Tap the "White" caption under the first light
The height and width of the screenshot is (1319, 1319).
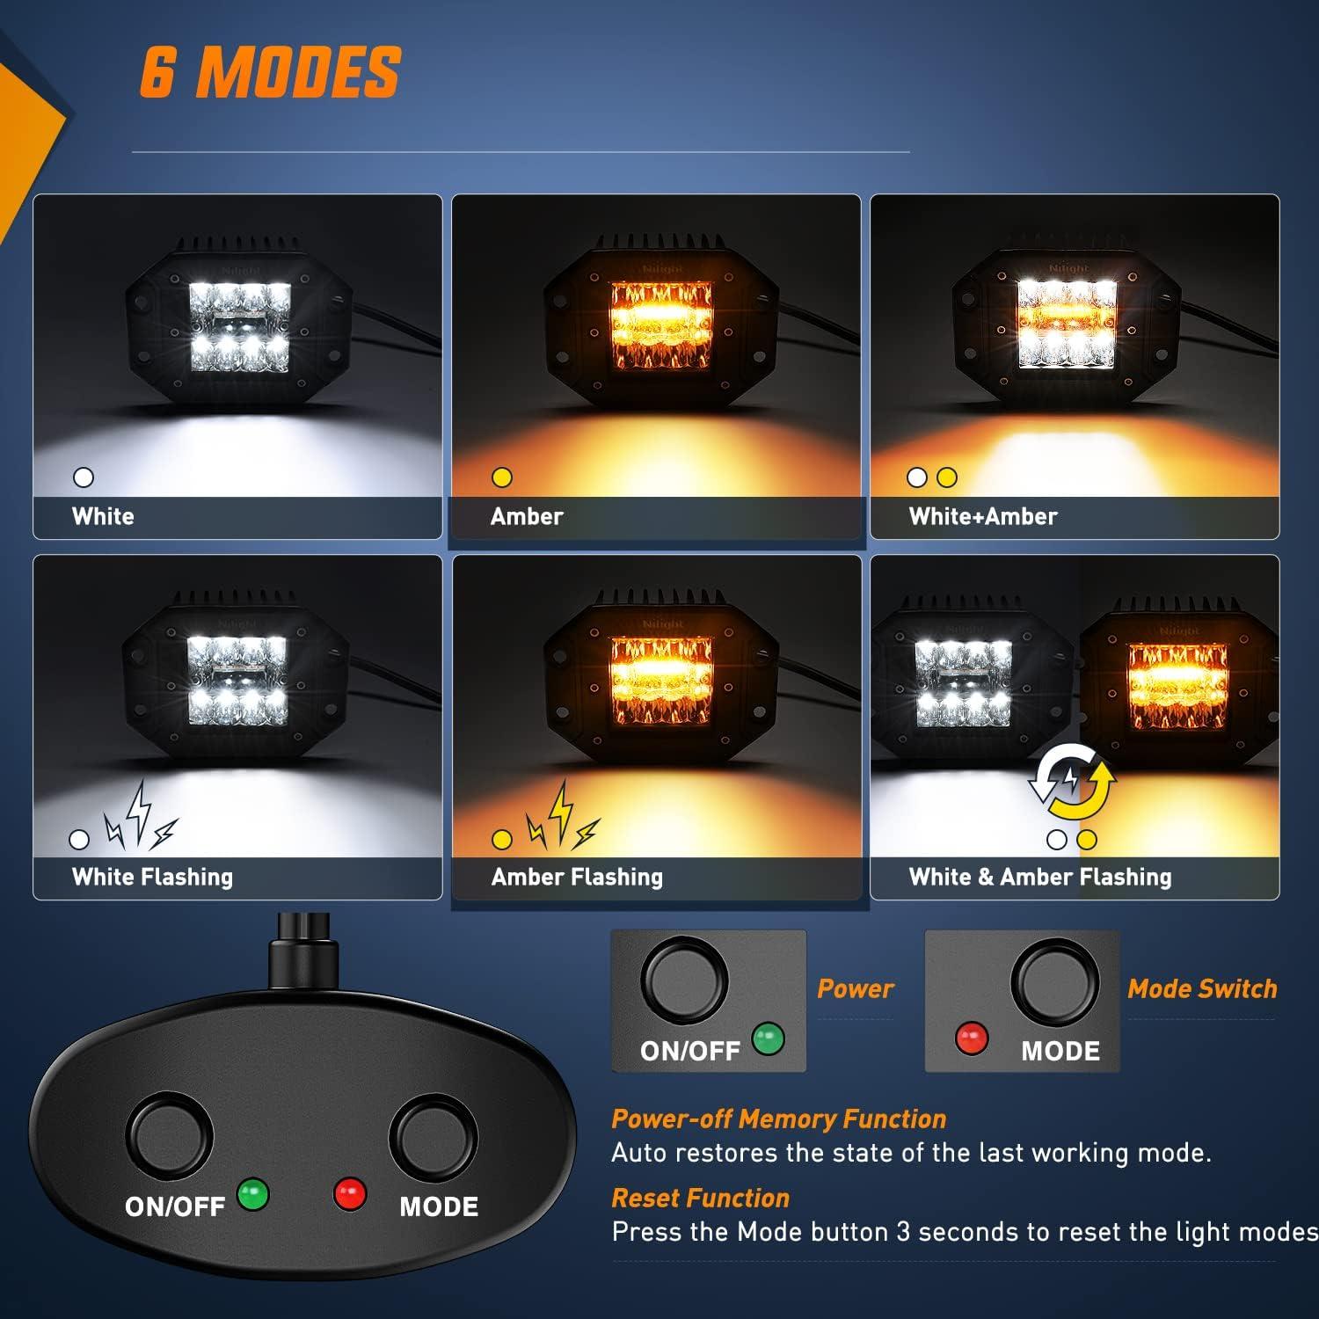click(x=103, y=516)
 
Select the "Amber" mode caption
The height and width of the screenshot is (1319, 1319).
click(x=527, y=516)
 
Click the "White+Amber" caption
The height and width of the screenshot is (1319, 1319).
click(x=983, y=516)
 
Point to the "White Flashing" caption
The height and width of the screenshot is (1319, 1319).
click(x=152, y=877)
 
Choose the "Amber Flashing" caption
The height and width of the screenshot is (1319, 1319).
click(x=577, y=877)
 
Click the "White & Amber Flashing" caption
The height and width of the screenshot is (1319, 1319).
click(x=1040, y=877)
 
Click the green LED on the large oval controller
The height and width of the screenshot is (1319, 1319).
click(x=253, y=1195)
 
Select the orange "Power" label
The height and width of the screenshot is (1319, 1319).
click(x=855, y=988)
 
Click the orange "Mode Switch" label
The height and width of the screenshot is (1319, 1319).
click(x=1202, y=988)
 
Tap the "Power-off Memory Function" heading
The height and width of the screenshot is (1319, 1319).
click(x=778, y=1119)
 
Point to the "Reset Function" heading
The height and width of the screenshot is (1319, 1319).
click(x=700, y=1198)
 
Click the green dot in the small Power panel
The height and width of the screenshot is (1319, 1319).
click(x=768, y=1038)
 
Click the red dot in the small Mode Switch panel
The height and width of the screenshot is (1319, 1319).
click(x=971, y=1038)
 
